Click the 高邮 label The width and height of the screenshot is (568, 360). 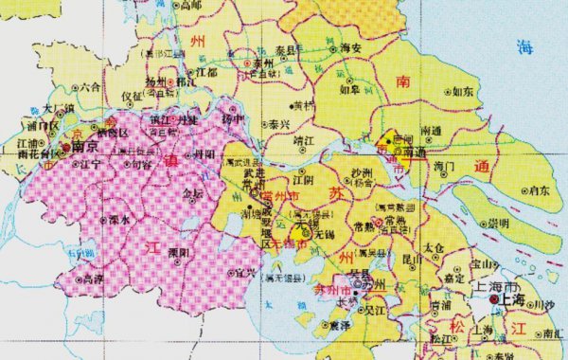pyautogui.click(x=191, y=6)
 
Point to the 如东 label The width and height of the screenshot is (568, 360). pyautogui.click(x=463, y=92)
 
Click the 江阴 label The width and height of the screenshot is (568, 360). pyautogui.click(x=302, y=178)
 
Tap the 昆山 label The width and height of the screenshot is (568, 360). pyautogui.click(x=413, y=258)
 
